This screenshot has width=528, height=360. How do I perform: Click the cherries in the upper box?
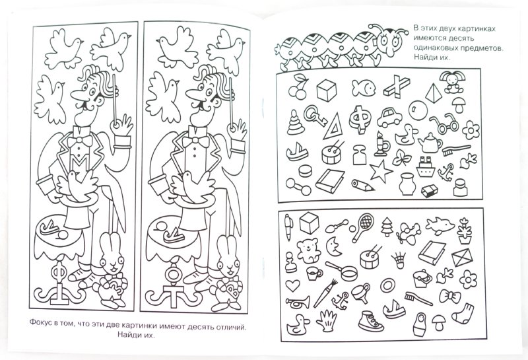point(298,87)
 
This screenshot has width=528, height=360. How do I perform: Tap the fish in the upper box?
point(364,88)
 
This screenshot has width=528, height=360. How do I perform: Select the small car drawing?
point(389,117)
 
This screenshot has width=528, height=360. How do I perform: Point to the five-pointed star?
point(381,171)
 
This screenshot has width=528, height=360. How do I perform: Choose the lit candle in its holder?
point(381,144)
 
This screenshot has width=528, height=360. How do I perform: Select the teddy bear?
point(308,250)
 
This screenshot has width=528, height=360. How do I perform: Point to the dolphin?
point(440,225)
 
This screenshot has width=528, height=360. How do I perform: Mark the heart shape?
point(292,285)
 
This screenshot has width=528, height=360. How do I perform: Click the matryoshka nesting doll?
point(420,324)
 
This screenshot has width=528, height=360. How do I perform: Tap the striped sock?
point(463,314)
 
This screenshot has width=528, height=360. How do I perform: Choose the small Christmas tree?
point(387,227)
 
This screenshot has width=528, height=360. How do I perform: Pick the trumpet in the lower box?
point(298,303)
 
